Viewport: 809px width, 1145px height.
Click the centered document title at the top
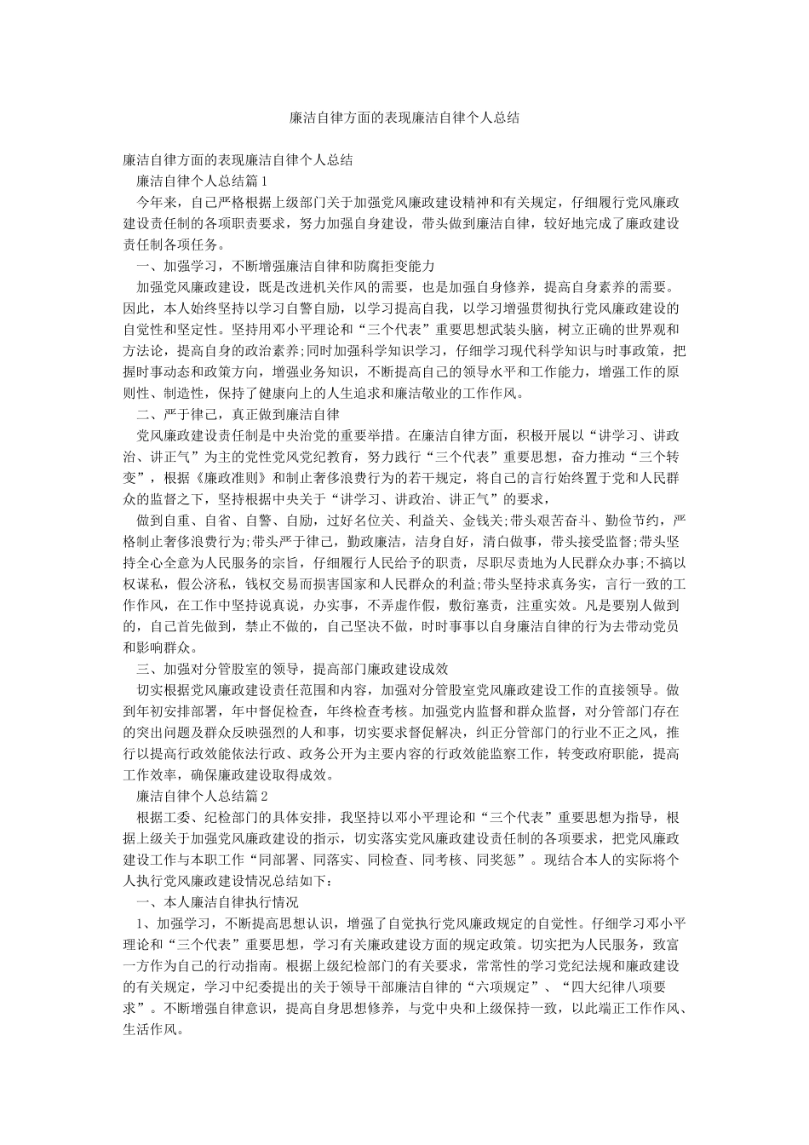(404, 118)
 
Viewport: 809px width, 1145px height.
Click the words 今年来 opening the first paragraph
(157, 203)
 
